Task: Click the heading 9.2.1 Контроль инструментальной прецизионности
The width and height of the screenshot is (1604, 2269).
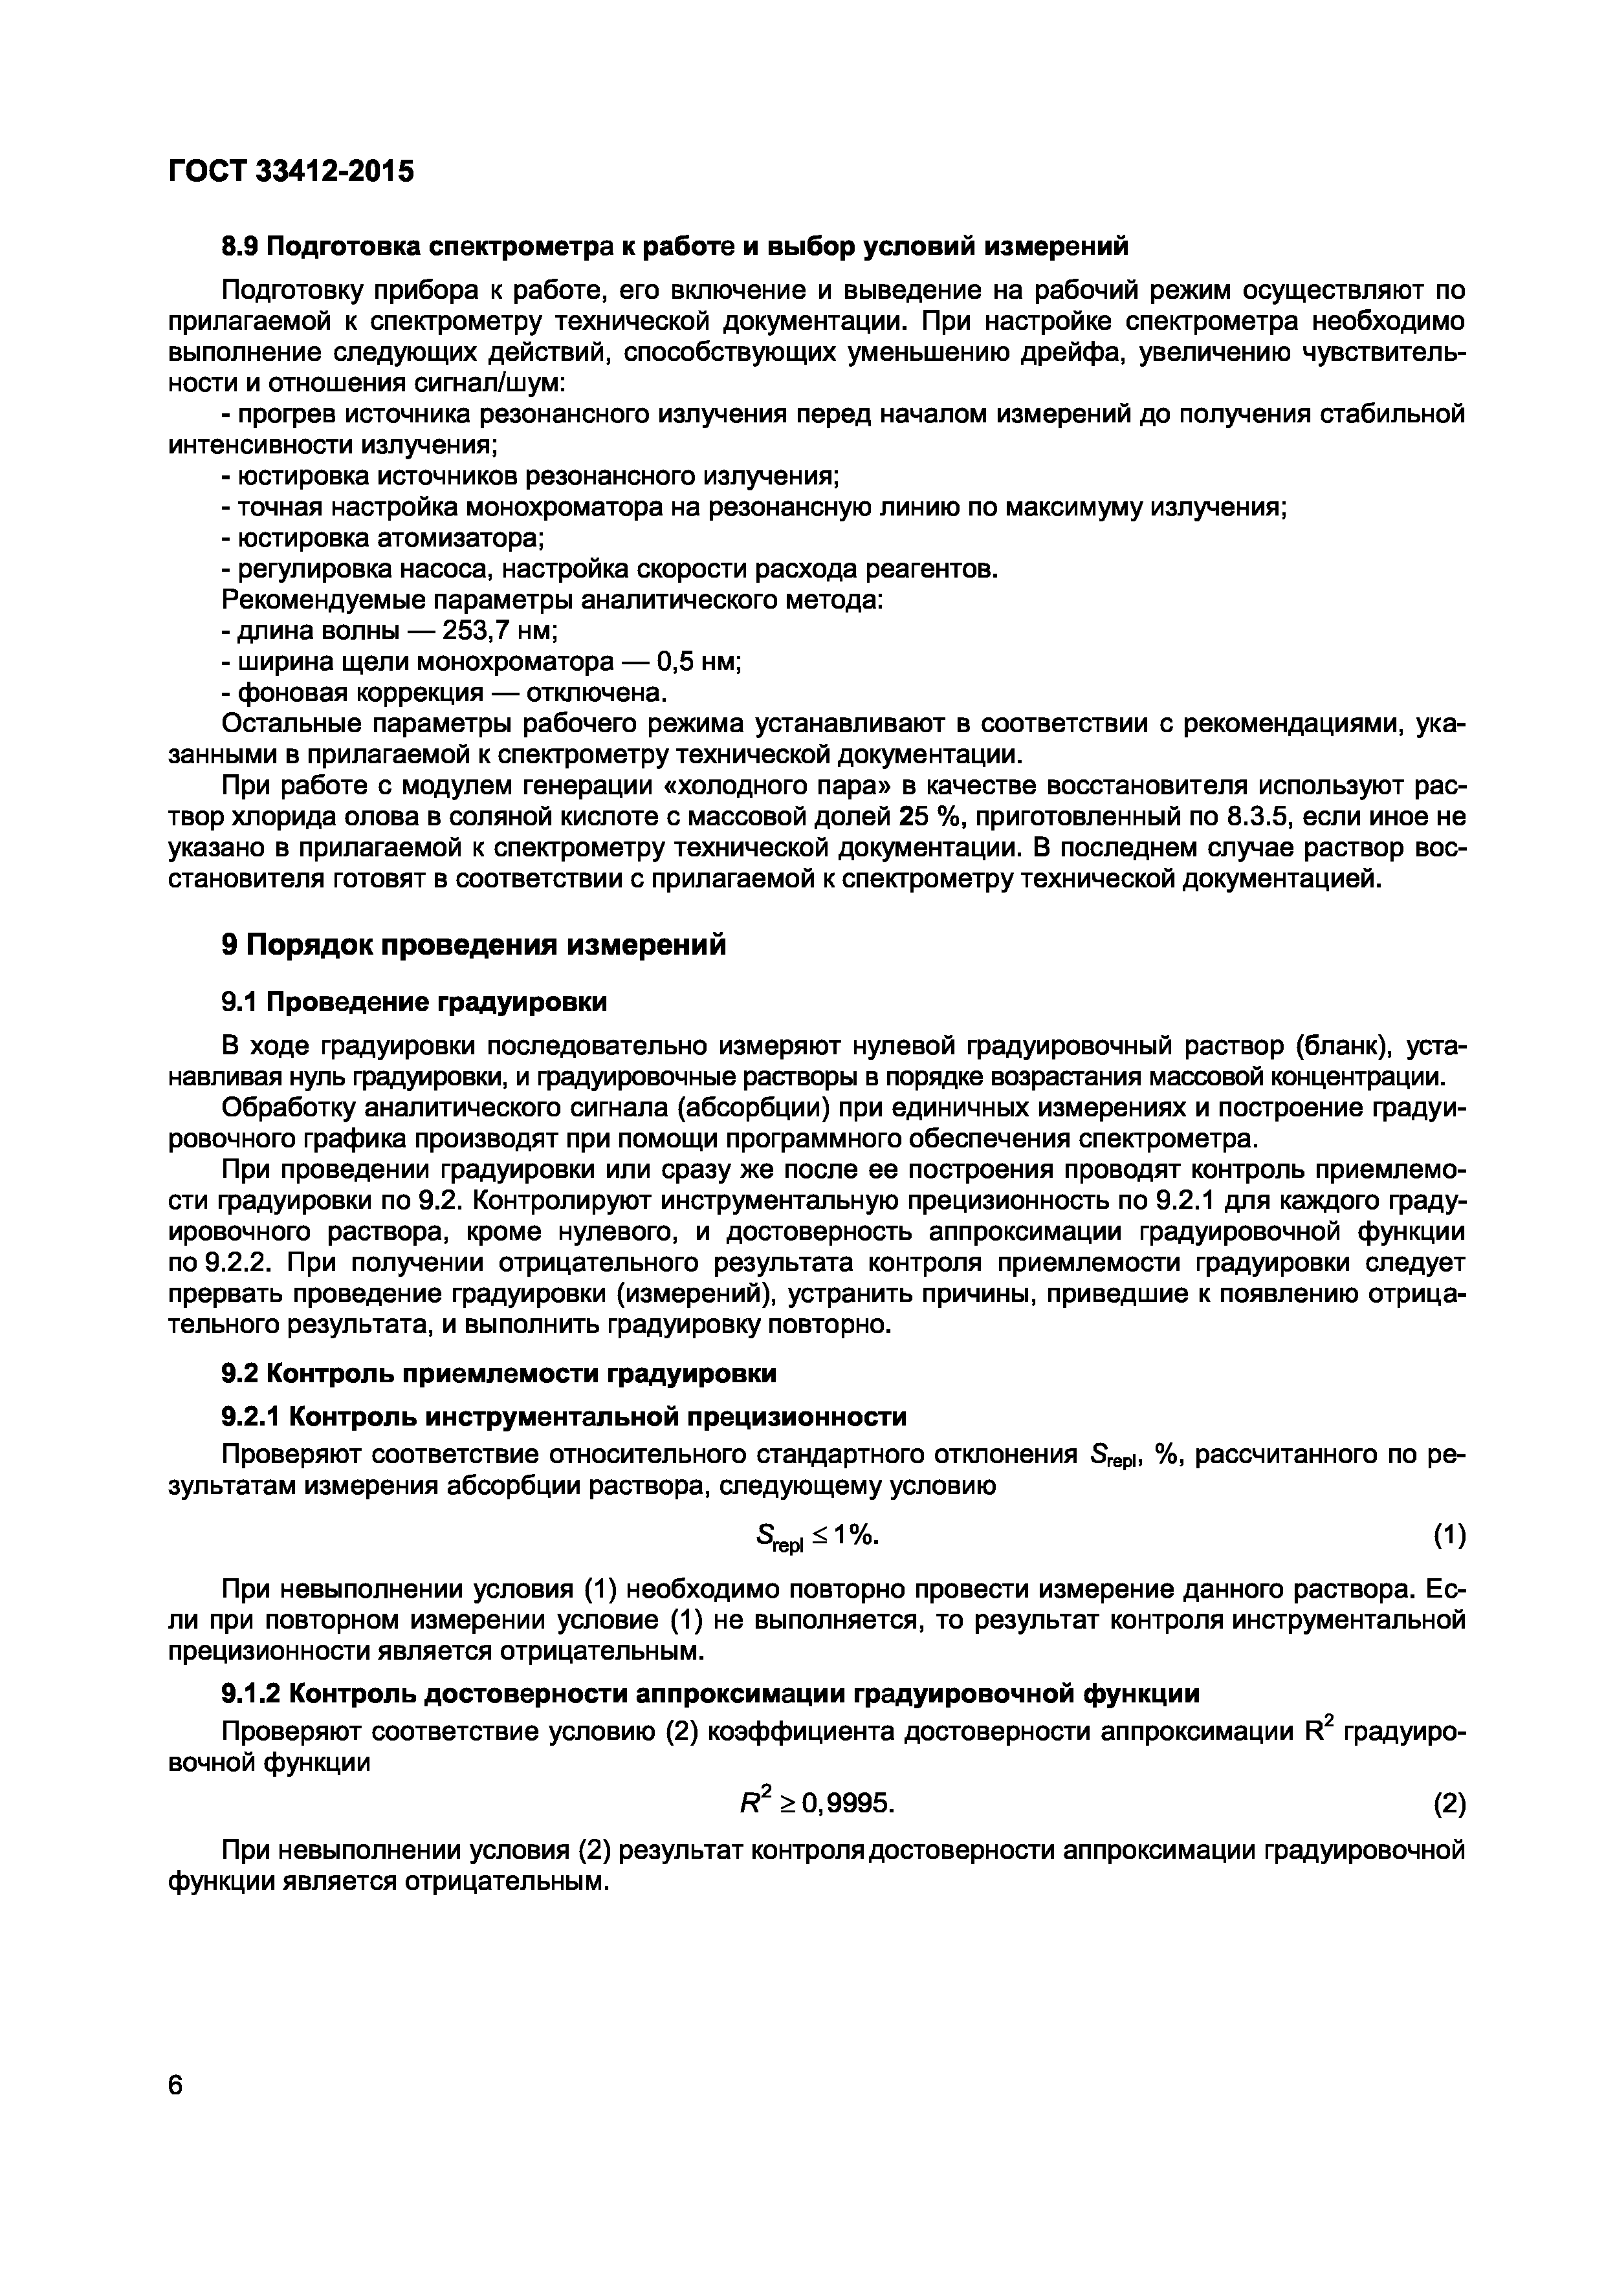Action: [564, 1418]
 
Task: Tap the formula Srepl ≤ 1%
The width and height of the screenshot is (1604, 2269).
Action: [815, 1537]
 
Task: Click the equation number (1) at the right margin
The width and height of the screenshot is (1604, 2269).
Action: [1449, 1537]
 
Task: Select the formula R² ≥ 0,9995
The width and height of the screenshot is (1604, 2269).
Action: [817, 1805]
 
